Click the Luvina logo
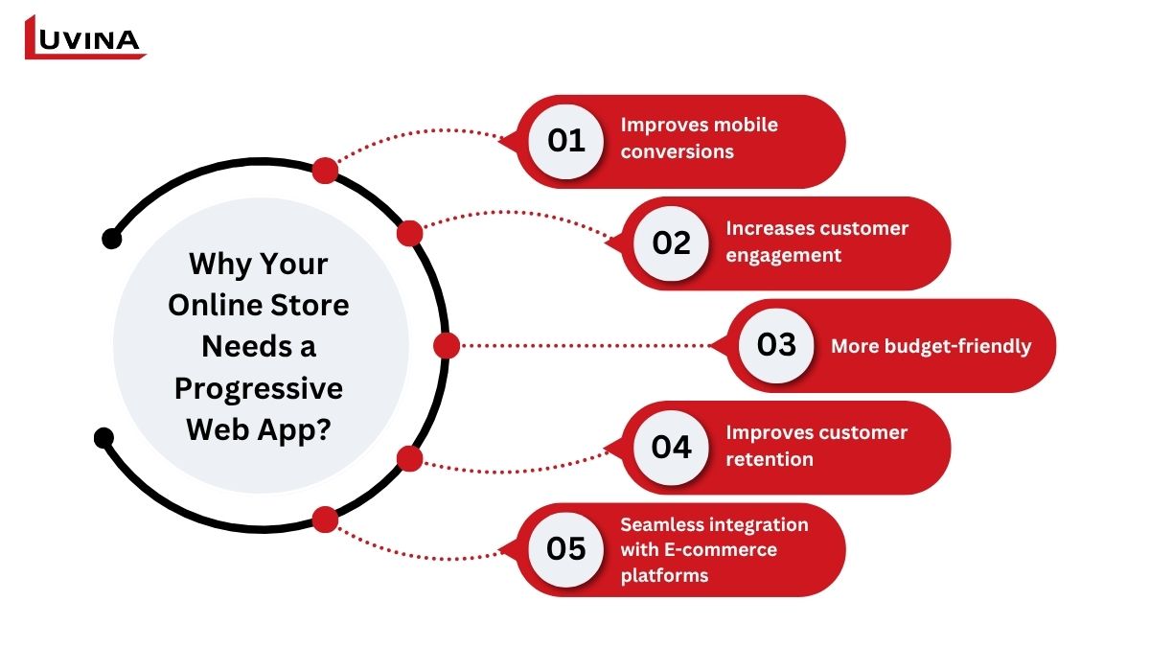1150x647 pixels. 85,37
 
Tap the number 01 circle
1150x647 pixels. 565,141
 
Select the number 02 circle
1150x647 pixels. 671,243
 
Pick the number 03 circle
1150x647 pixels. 776,345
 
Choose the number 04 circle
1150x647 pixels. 671,448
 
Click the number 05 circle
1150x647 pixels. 565,549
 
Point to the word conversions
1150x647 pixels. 678,152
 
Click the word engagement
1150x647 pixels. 784,255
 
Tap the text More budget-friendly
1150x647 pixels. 931,347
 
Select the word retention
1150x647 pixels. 770,459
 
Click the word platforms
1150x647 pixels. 664,576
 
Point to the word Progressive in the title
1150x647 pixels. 258,389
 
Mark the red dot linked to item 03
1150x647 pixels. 447,345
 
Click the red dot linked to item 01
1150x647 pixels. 325,171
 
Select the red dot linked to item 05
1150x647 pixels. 325,520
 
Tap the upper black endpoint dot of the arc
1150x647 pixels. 112,239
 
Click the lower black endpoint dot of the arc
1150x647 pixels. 104,437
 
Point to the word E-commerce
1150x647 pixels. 721,550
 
